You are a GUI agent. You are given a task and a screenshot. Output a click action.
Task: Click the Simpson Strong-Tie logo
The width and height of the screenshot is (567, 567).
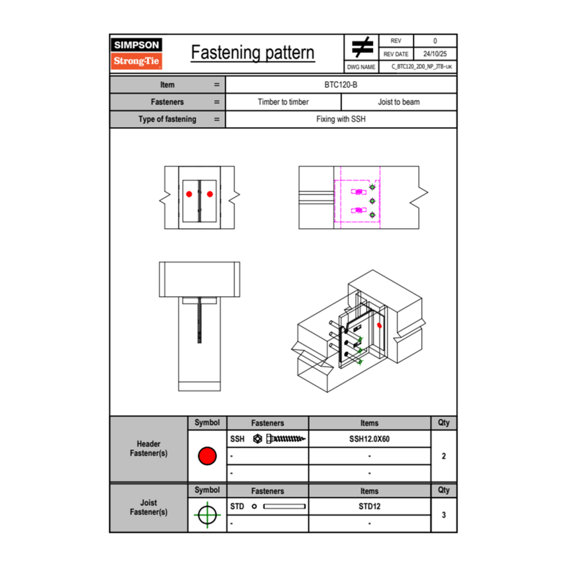click(x=137, y=53)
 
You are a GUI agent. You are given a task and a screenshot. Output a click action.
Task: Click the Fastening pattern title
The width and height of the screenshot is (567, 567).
click(x=253, y=53)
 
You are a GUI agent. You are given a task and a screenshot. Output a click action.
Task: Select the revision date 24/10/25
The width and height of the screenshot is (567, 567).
click(x=435, y=54)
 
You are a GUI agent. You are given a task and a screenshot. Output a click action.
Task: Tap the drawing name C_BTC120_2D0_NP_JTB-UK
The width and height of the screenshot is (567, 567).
click(x=422, y=66)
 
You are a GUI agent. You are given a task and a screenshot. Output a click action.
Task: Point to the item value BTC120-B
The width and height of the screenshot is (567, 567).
click(x=341, y=84)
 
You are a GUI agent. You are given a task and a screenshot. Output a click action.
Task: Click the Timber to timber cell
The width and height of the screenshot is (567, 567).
click(x=283, y=102)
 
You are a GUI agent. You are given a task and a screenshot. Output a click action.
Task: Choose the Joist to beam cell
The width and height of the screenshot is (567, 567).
click(x=399, y=102)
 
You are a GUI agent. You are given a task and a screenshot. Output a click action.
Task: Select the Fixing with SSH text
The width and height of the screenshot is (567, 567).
click(x=341, y=119)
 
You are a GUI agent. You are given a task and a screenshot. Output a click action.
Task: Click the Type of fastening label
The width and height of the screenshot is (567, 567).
click(x=167, y=119)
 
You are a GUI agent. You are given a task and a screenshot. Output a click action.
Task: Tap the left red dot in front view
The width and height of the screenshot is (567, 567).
click(x=189, y=194)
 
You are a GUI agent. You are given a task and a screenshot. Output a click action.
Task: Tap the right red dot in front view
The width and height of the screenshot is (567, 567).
click(x=210, y=194)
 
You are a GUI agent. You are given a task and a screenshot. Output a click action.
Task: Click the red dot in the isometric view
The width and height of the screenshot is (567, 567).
click(x=380, y=325)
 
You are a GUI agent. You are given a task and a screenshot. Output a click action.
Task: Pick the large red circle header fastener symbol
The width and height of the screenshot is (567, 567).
click(x=207, y=456)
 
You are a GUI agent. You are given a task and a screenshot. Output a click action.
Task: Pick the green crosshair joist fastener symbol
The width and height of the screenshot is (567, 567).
click(x=206, y=515)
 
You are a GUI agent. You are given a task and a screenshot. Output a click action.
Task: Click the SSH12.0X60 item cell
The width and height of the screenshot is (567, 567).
click(x=369, y=439)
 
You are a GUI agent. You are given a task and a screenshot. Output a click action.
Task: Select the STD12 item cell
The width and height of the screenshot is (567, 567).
click(x=369, y=506)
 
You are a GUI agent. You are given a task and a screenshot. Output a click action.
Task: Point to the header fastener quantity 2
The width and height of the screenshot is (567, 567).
click(x=443, y=456)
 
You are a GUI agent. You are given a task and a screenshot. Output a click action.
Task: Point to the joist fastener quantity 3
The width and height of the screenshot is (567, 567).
click(x=443, y=515)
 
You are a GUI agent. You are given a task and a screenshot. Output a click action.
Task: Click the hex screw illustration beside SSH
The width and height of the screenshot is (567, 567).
click(x=280, y=439)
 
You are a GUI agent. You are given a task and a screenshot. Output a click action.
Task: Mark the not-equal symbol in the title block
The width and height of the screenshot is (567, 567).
click(x=362, y=48)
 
